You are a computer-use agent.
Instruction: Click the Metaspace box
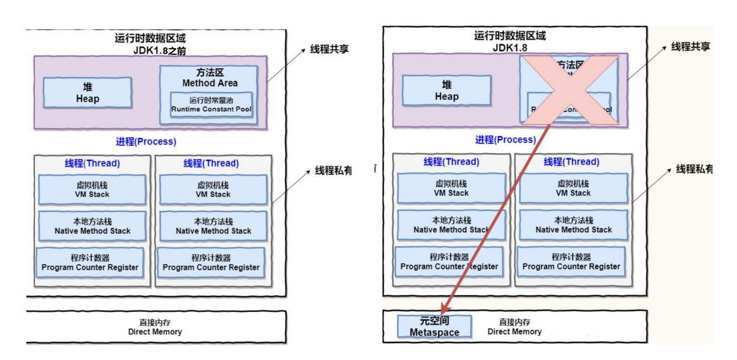[434, 326]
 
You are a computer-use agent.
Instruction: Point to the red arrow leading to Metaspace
[499, 216]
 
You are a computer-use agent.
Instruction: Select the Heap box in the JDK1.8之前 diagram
[88, 93]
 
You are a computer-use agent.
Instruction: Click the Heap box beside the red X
[446, 90]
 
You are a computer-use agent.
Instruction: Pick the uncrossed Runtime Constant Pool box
[211, 105]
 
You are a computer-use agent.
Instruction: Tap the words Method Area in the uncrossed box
[210, 83]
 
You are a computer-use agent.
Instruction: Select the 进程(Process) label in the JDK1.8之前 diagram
[146, 141]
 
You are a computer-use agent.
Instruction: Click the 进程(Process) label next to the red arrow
[505, 140]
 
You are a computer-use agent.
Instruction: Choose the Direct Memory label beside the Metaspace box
[514, 327]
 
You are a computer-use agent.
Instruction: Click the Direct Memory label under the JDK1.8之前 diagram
[155, 327]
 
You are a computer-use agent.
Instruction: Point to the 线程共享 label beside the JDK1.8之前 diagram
[329, 49]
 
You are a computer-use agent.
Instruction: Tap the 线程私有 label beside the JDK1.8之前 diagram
[333, 170]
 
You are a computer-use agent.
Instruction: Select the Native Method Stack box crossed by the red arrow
[451, 225]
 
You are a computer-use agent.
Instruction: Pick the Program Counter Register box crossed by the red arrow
[449, 262]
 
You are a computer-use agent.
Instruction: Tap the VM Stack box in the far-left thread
[92, 190]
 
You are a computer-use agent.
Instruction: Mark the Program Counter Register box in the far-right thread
[571, 262]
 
